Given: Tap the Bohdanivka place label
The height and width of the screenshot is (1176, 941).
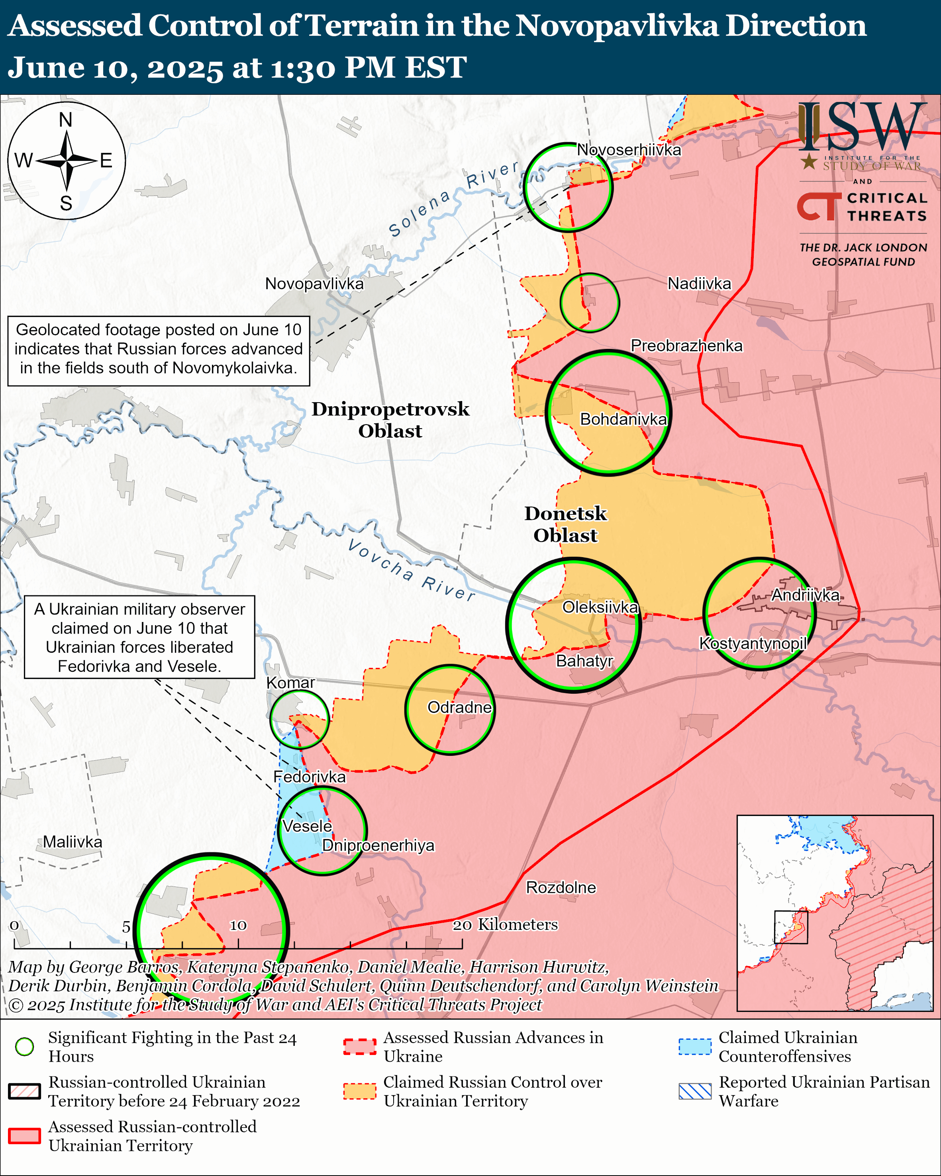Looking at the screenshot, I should [623, 419].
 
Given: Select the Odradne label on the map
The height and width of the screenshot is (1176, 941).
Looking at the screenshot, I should [459, 707].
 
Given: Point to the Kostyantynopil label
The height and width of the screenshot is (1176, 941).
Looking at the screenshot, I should [753, 644].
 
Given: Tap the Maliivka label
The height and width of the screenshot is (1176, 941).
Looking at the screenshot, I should [73, 842].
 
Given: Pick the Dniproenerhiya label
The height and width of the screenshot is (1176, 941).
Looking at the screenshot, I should [378, 845].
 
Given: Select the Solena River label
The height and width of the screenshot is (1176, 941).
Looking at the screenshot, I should [453, 199].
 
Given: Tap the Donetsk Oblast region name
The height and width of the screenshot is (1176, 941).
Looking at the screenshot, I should [566, 524].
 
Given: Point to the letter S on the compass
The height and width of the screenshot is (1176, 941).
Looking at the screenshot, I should [66, 204].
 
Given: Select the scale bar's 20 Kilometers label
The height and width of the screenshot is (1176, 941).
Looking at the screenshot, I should [505, 925].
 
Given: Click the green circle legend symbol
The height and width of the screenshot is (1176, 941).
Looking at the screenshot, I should [25, 1047].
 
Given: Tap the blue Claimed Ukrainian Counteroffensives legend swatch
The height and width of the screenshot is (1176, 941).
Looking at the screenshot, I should [695, 1047].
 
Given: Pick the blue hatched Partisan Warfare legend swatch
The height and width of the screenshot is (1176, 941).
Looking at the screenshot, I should [695, 1092].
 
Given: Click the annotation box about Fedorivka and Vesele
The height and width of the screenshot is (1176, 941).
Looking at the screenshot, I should [140, 637].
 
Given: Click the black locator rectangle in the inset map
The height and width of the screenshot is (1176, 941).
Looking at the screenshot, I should [790, 927].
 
